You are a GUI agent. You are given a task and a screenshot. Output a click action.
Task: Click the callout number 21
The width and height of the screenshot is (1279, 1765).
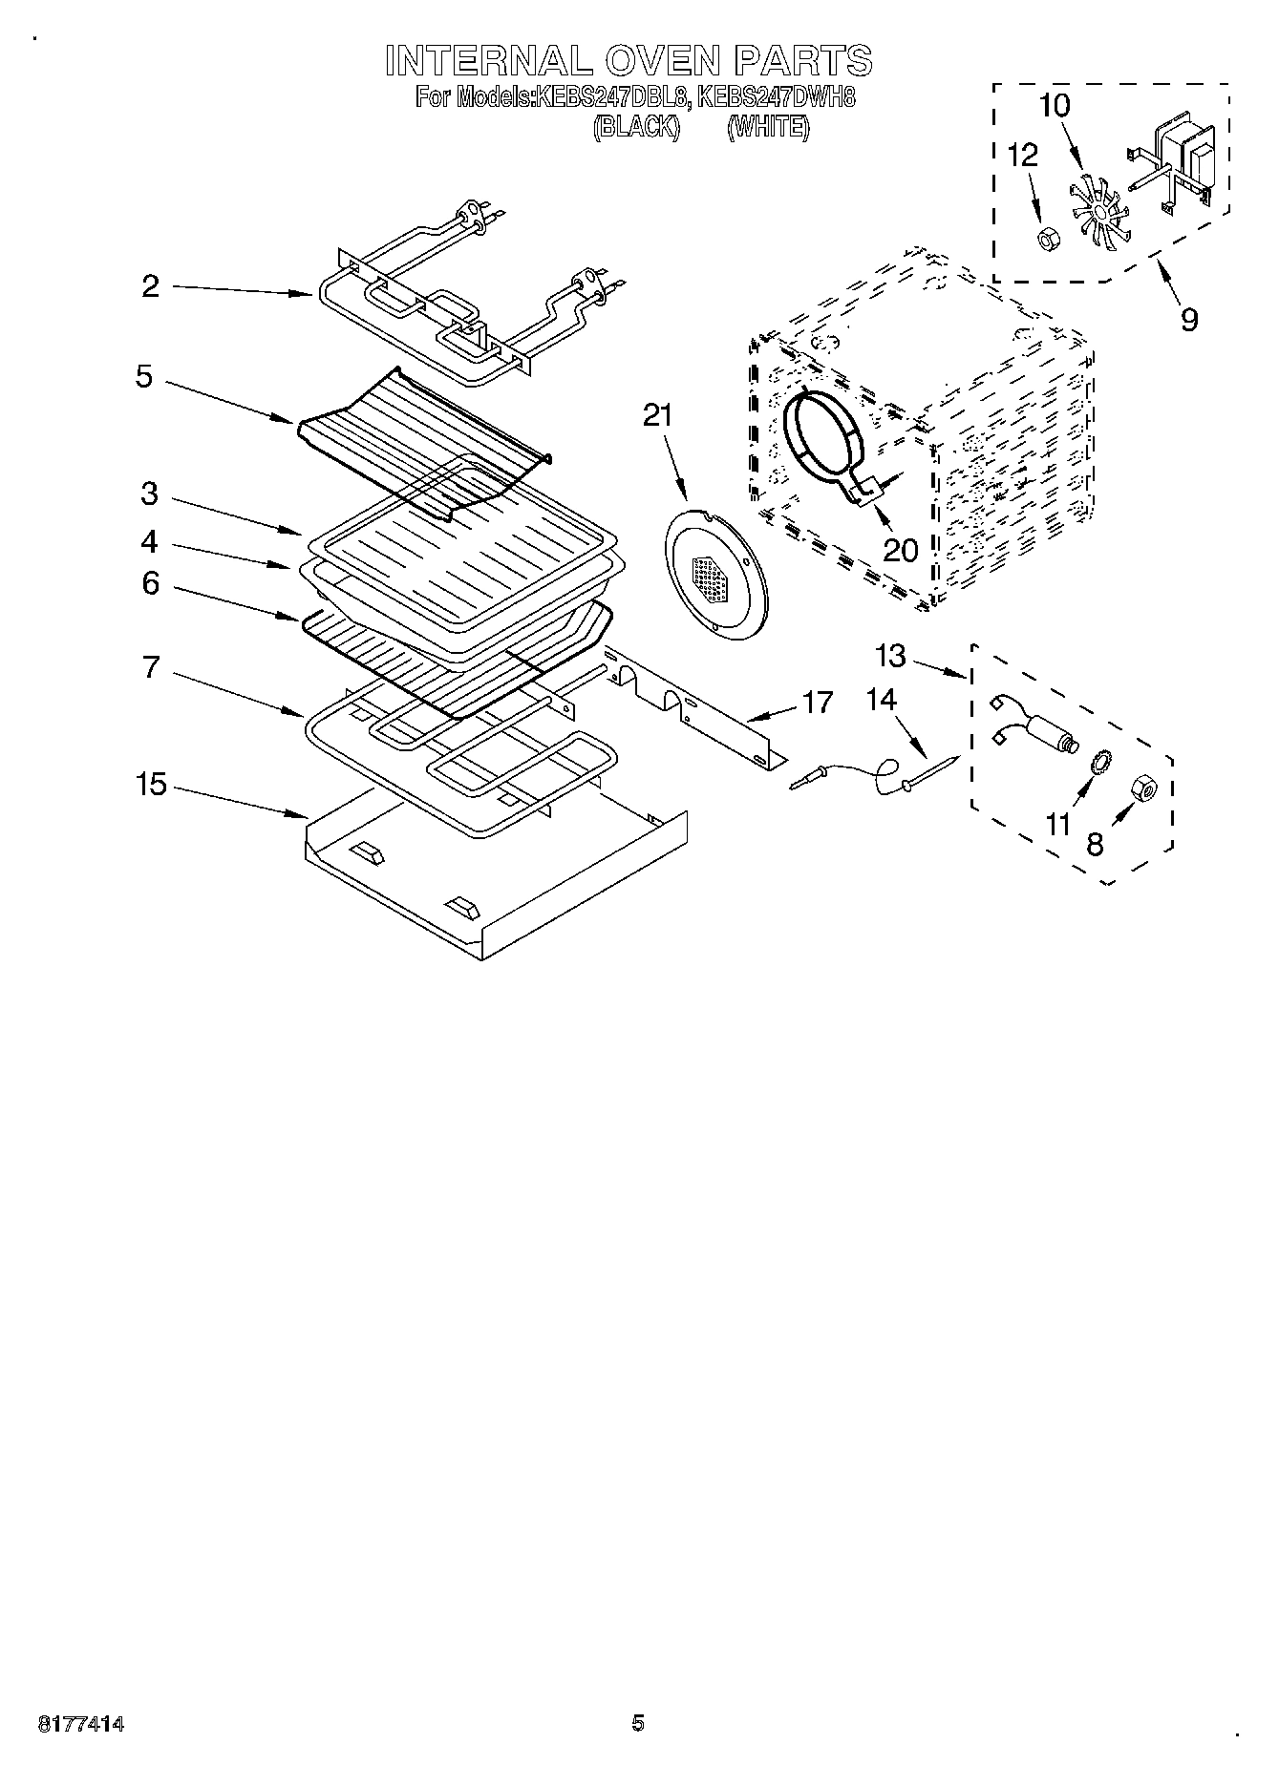658,415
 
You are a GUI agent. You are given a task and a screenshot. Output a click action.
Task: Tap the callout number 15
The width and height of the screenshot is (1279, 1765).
151,785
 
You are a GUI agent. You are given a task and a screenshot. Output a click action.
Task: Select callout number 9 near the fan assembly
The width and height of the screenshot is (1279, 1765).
1188,318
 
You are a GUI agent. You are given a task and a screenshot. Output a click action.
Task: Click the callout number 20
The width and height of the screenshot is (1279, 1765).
901,549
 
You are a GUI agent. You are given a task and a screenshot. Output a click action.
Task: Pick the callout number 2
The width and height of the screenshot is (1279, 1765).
151,285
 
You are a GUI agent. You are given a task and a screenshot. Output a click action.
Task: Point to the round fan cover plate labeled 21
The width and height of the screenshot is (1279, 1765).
714,575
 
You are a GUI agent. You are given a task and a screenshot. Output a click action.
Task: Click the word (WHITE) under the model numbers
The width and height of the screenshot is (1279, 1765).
768,126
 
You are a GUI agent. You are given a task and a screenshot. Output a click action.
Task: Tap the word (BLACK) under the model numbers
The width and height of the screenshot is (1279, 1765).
636,126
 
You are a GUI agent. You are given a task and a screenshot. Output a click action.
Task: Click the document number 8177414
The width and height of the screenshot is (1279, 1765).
81,1724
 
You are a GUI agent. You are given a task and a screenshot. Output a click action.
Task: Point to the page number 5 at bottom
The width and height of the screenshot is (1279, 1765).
638,1723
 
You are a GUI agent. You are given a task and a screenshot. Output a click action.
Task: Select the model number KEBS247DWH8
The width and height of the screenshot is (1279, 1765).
776,96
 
